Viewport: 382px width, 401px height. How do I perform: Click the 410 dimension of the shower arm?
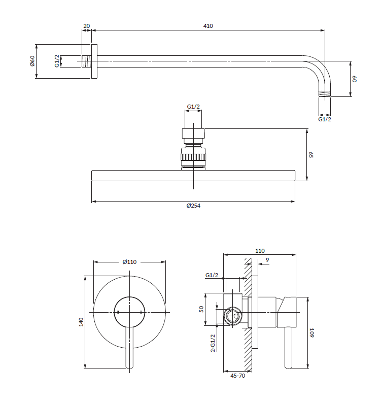click(x=208, y=25)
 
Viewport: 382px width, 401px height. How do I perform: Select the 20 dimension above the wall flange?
click(x=86, y=25)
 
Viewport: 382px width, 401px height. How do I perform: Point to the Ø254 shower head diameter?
click(x=193, y=206)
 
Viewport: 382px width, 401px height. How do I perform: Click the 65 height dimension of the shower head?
click(x=311, y=155)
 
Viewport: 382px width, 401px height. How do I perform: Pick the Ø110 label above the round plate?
click(x=130, y=262)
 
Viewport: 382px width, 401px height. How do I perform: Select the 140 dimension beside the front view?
click(x=81, y=322)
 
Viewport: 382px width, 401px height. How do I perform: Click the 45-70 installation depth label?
click(x=237, y=376)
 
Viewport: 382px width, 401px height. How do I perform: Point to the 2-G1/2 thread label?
click(x=213, y=343)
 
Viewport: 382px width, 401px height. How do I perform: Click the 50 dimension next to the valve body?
click(x=201, y=308)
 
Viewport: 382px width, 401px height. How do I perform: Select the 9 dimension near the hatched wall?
click(x=267, y=261)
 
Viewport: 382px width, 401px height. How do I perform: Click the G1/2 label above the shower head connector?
click(x=193, y=107)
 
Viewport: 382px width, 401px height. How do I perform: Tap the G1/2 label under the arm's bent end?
click(x=325, y=119)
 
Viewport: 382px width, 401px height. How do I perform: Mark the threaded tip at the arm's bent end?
click(x=325, y=93)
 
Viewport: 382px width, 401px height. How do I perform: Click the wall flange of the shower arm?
click(x=94, y=61)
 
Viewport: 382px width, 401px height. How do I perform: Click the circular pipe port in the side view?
click(x=233, y=316)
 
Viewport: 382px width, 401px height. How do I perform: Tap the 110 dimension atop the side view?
click(x=260, y=251)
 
